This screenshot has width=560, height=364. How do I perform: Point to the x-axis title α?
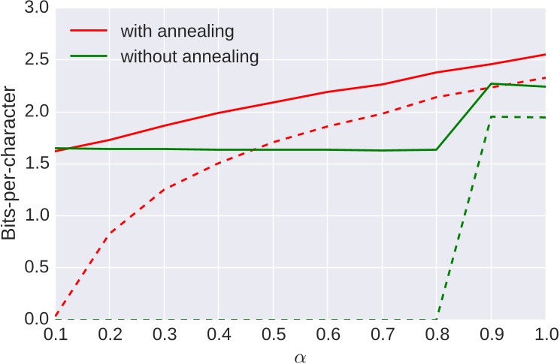coord(300,355)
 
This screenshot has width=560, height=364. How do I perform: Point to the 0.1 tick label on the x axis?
coord(56,333)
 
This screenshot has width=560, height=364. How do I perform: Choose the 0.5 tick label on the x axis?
coord(273,333)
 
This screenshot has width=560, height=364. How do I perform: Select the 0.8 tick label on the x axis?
coord(437,333)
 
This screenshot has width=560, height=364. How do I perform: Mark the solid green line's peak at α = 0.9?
coord(491,83)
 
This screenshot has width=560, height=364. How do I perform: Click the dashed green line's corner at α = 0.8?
coord(437,319)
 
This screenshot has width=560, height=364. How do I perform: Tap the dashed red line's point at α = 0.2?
coord(110,234)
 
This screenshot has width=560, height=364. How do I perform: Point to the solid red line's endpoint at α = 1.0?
coord(545,55)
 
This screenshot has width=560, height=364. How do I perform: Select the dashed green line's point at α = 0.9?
coord(491,116)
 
